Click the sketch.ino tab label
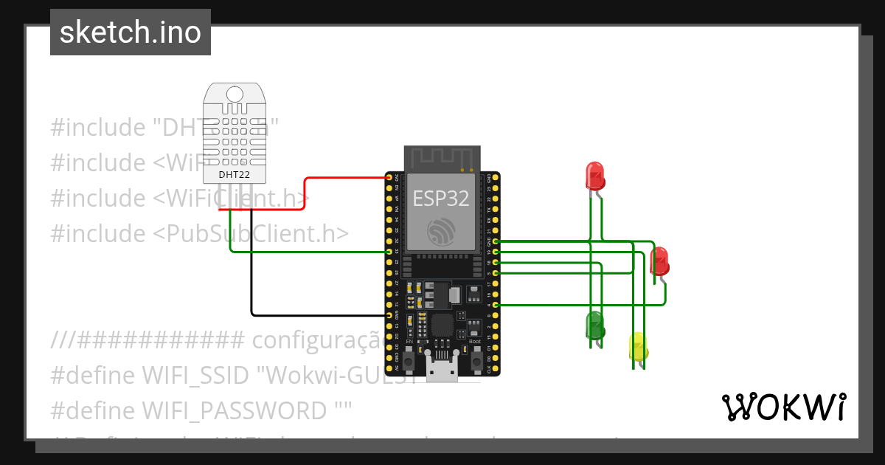(131, 32)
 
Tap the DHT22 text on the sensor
(235, 175)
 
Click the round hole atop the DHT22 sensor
(235, 94)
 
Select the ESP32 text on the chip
(441, 198)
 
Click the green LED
(594, 325)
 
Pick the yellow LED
(637, 346)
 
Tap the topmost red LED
(594, 176)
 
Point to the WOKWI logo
(782, 407)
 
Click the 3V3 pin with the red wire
(389, 177)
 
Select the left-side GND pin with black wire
(389, 315)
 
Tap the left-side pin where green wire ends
(389, 252)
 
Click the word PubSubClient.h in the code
(251, 233)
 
